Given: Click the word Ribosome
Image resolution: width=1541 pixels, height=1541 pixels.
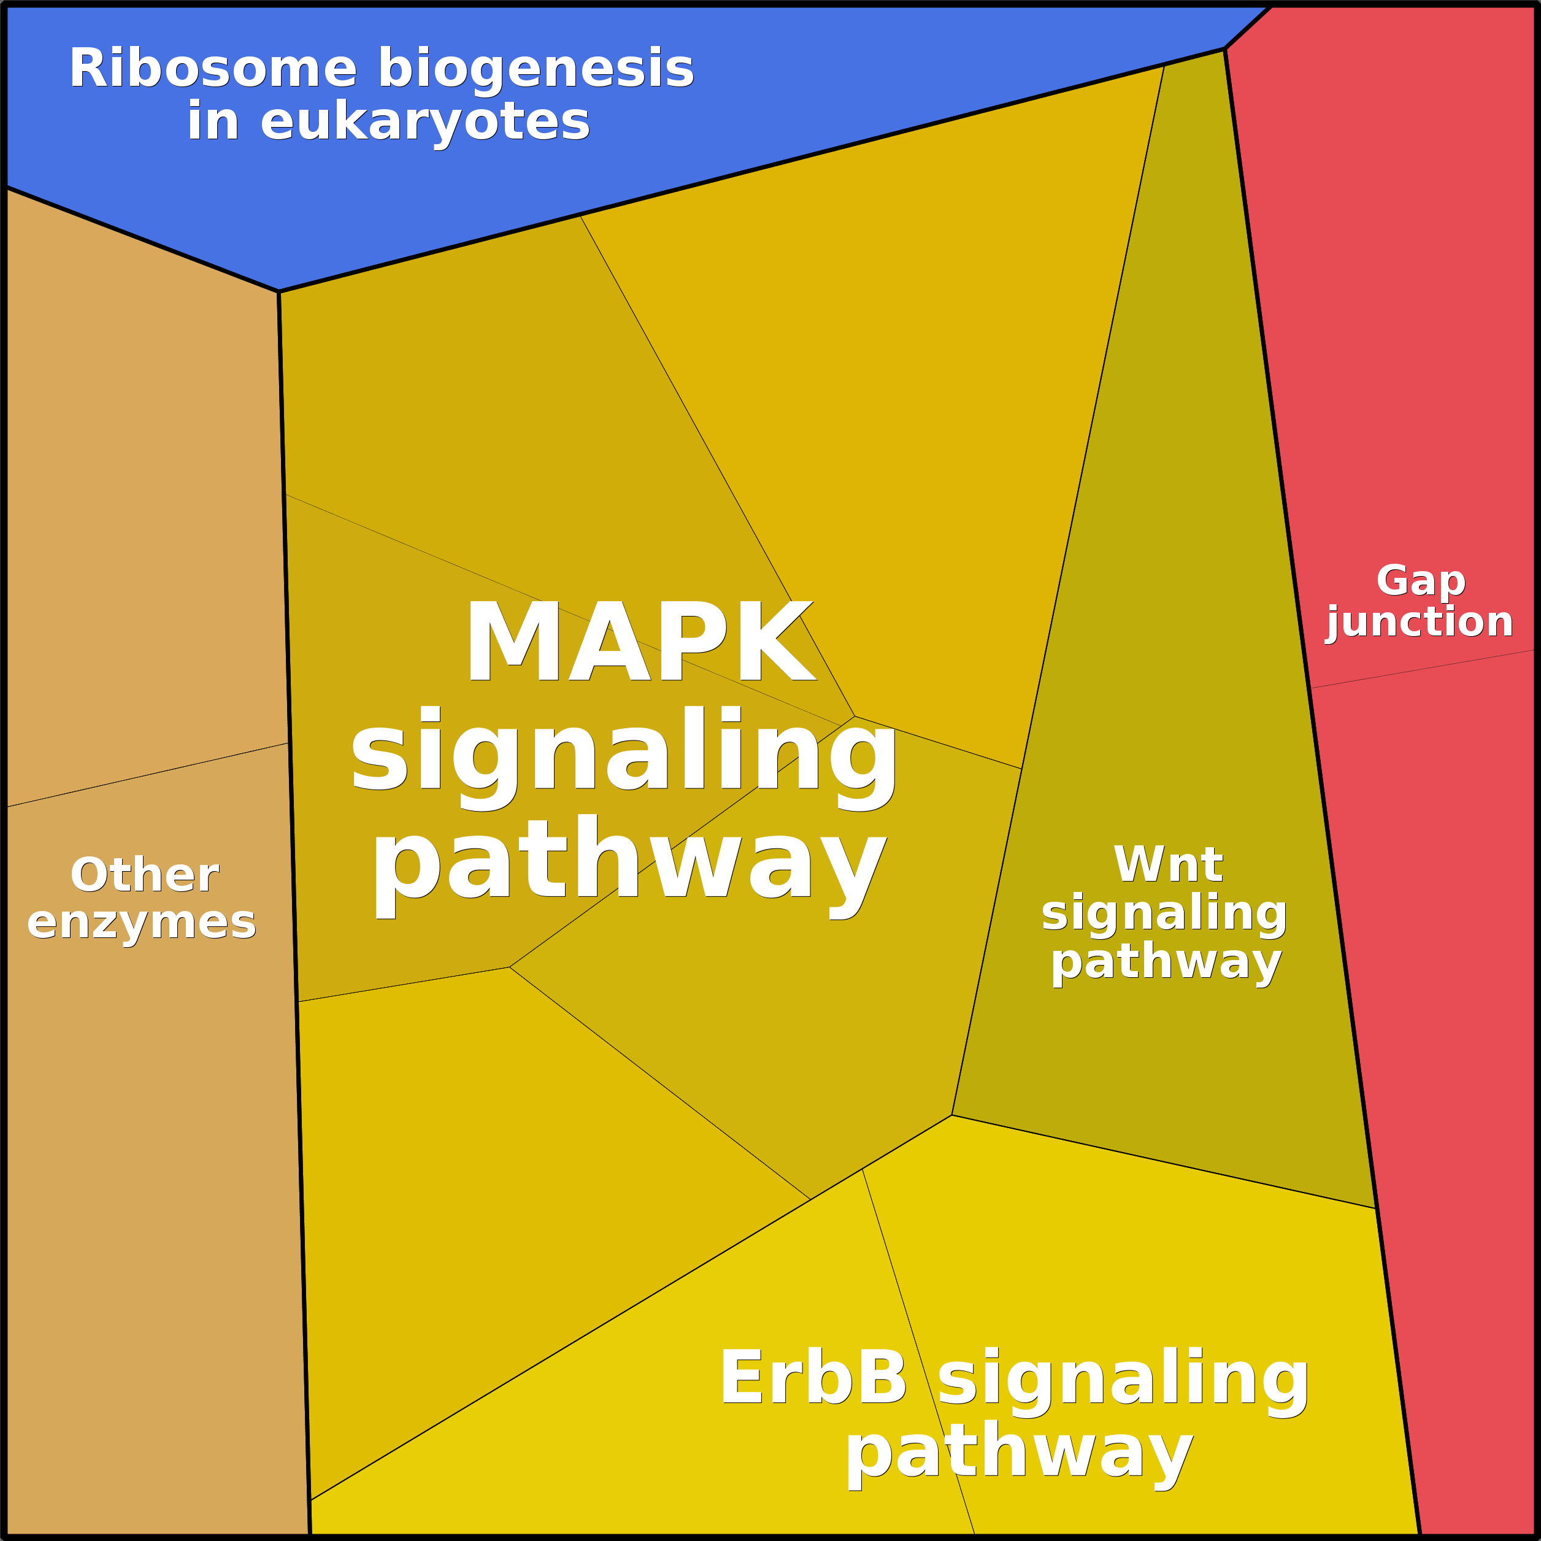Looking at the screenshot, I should tap(212, 69).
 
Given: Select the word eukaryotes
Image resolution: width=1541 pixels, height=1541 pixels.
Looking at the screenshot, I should tap(425, 122).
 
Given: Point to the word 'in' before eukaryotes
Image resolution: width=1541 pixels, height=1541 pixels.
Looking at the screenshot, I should tap(213, 122).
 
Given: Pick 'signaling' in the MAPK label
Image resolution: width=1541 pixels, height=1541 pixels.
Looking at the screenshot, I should tap(624, 754).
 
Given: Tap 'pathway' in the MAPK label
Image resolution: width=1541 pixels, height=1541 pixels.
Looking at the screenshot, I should tap(629, 863).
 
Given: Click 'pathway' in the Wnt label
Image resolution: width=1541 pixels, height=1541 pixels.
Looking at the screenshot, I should tap(1166, 962).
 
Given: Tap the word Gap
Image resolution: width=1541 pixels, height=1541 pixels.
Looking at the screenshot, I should tap(1421, 581).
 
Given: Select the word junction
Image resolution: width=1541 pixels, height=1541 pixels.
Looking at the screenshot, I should tap(1420, 622).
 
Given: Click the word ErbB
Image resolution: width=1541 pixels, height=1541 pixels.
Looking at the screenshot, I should tap(813, 1378).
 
